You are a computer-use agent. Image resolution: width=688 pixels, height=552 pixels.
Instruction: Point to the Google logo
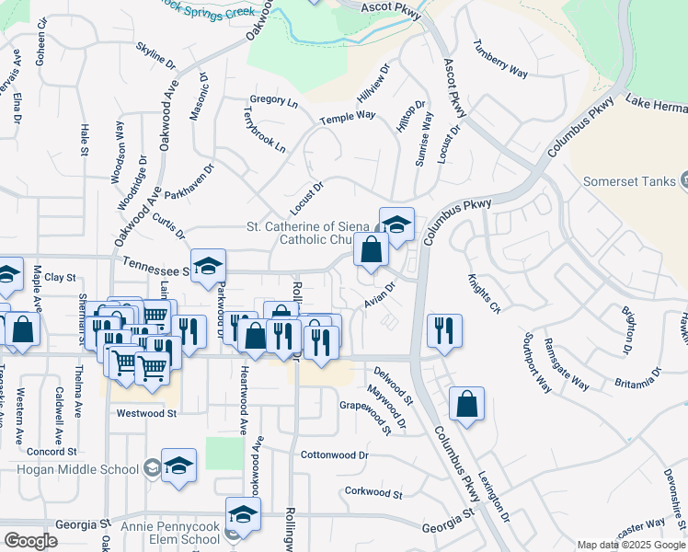pos(30,541)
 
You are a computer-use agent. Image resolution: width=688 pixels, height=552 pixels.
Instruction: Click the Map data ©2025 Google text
pos(632,545)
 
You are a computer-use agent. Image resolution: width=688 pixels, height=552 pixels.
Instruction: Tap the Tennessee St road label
pos(155,271)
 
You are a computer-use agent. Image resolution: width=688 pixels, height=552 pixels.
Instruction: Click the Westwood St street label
pos(146,414)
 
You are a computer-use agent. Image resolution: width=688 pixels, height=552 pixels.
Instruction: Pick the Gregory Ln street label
pos(274,101)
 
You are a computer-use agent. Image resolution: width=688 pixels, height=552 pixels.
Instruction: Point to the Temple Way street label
pos(348,118)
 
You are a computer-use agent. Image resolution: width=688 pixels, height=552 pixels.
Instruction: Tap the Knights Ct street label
pos(482,293)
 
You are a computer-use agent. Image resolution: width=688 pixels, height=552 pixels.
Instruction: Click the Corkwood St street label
pos(373,493)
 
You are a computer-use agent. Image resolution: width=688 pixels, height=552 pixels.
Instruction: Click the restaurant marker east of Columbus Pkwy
pos(445,331)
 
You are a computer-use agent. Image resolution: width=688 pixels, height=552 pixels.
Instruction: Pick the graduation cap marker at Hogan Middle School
pos(178,465)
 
